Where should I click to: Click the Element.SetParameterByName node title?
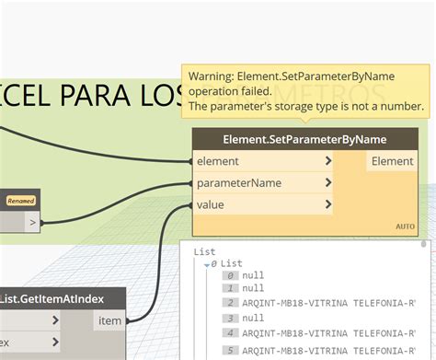[x=304, y=139]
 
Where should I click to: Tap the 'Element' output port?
[x=392, y=161]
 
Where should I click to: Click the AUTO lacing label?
[x=405, y=226]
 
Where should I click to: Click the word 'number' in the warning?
[x=402, y=107]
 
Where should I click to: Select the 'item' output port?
[x=109, y=320]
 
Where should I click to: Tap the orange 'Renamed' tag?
[x=21, y=201]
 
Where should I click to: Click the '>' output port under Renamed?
[x=32, y=222]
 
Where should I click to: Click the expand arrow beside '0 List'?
[x=208, y=263]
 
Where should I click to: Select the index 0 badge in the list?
[x=230, y=275]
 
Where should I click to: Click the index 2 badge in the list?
[x=230, y=301]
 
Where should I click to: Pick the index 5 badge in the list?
[x=230, y=350]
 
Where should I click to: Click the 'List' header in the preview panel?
[x=205, y=250]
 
